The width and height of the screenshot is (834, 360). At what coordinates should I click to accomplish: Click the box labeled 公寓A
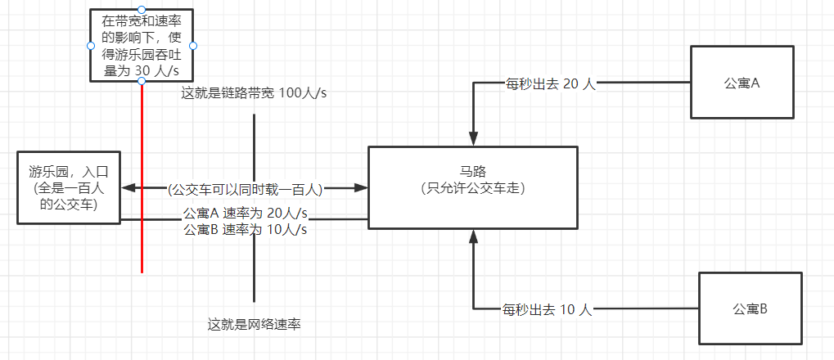pyautogui.click(x=742, y=83)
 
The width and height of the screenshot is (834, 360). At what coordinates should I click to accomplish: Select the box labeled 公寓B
pyautogui.click(x=750, y=308)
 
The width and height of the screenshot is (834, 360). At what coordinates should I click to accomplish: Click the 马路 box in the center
pyautogui.click(x=473, y=187)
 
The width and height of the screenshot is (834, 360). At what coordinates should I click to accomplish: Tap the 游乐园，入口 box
pyautogui.click(x=68, y=188)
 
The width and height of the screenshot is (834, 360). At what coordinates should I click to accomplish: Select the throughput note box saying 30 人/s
pyautogui.click(x=142, y=46)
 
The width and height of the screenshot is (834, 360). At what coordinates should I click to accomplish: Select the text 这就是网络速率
pyautogui.click(x=255, y=324)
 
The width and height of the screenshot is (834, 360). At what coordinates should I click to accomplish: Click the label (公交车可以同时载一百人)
pyautogui.click(x=245, y=189)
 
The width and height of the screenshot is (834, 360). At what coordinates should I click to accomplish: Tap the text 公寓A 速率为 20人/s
pyautogui.click(x=246, y=213)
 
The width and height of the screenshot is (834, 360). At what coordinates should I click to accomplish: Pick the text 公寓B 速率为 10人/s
pyautogui.click(x=246, y=229)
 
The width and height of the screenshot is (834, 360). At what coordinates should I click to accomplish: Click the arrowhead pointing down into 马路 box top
pyautogui.click(x=473, y=138)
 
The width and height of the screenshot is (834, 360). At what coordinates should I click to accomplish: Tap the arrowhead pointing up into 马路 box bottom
pyautogui.click(x=473, y=236)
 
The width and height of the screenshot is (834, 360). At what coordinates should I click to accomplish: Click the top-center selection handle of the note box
pyautogui.click(x=142, y=9)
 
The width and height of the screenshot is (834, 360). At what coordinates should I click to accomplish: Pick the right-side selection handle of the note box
pyautogui.click(x=193, y=46)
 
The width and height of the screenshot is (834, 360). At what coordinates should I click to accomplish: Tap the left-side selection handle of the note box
pyautogui.click(x=90, y=46)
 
